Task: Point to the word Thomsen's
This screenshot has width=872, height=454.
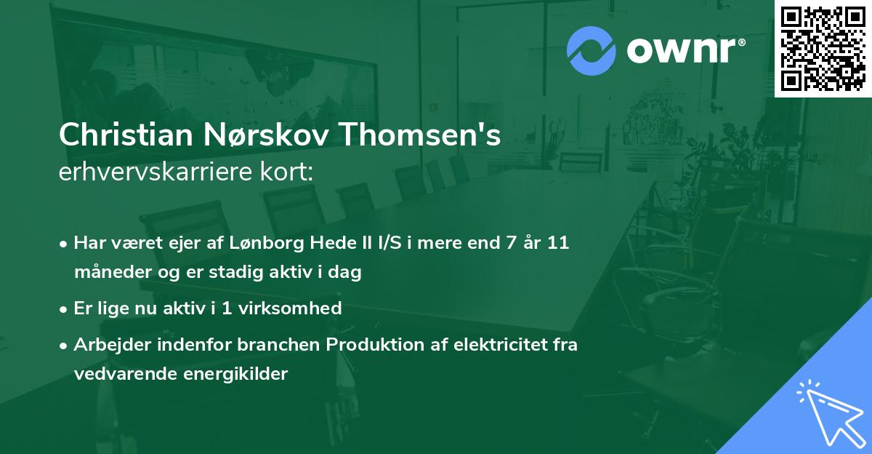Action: click(422, 135)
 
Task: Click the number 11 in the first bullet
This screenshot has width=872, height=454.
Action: click(558, 243)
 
